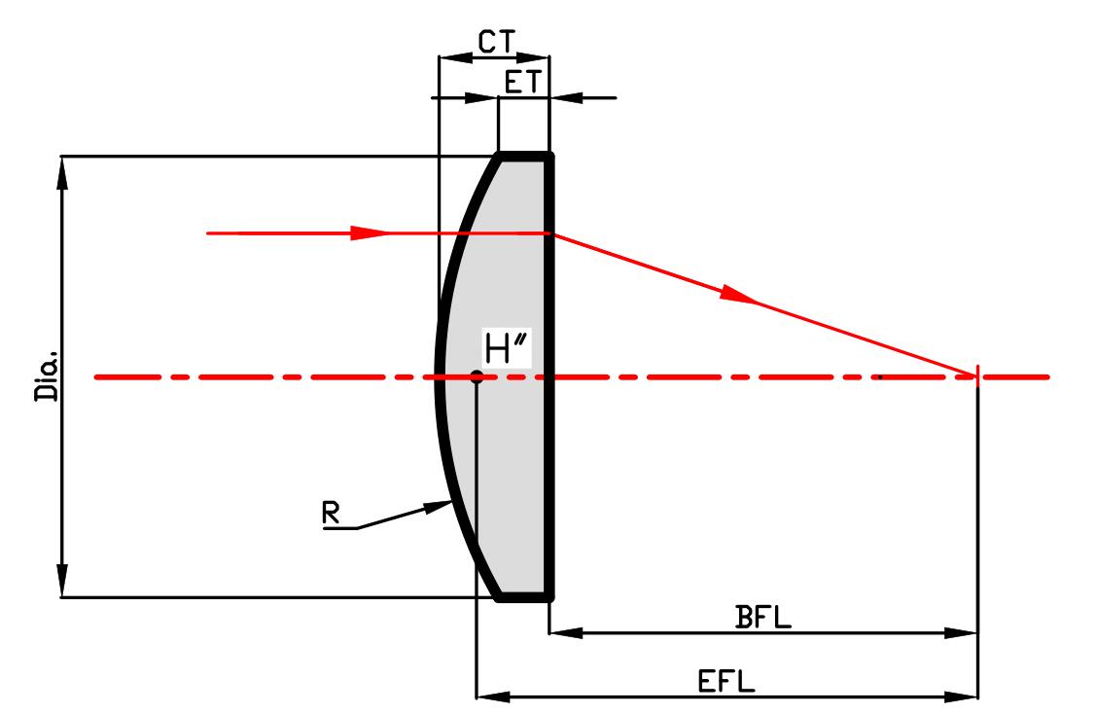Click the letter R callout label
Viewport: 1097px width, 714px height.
333,515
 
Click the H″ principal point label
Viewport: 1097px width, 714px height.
504,351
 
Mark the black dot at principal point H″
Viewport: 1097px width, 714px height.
477,376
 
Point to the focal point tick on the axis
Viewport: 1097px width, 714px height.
976,376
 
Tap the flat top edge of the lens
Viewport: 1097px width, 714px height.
525,154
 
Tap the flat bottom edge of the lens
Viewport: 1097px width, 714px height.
525,597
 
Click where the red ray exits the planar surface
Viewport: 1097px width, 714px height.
551,233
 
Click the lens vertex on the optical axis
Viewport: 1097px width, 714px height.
439,376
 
